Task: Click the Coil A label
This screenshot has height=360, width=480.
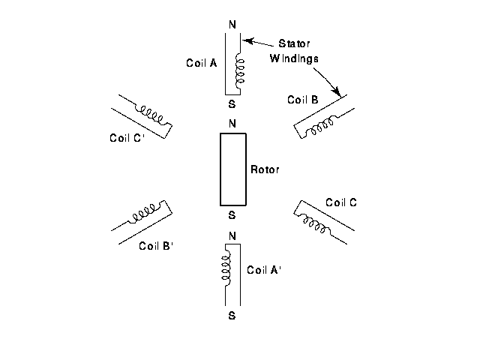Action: pos(201,63)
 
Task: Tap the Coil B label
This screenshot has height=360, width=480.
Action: pos(303,99)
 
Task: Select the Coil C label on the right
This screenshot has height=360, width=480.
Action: pos(341,202)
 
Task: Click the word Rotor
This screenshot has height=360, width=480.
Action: pos(264,169)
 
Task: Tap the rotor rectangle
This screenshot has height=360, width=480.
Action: pos(232,169)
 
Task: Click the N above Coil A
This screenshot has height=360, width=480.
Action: pos(232,23)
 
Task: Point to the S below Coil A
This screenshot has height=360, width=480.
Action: pos(232,105)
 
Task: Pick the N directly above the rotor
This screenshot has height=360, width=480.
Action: pos(232,124)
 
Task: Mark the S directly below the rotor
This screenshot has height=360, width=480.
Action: pos(232,215)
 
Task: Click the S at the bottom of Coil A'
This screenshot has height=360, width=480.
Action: pos(232,316)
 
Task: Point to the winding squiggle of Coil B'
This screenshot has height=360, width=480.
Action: pos(142,216)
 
